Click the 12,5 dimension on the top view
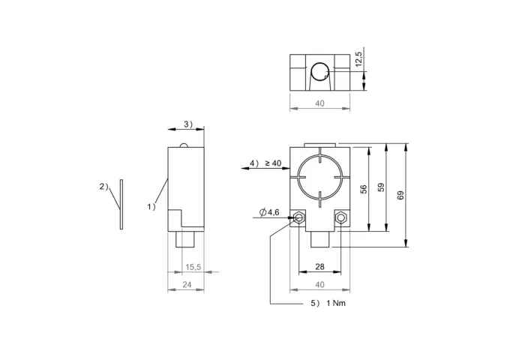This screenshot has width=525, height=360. [x=359, y=59]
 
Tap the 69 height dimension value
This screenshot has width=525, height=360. [x=400, y=195]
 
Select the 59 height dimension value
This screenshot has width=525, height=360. [x=381, y=187]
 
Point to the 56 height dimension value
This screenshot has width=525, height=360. [x=364, y=189]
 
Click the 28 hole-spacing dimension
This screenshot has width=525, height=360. [x=319, y=266]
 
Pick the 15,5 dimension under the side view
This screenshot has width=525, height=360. [x=193, y=267]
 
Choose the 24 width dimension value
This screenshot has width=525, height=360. [x=187, y=284]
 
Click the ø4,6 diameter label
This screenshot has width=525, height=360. [x=269, y=212]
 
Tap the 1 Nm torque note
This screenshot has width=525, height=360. [x=336, y=304]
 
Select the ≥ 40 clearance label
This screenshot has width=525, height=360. [x=273, y=163]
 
